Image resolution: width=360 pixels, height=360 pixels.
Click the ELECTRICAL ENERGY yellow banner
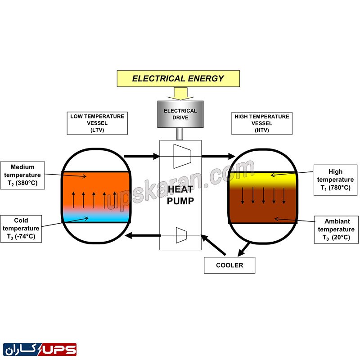[178, 78]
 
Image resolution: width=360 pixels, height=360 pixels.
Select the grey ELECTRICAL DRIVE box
[180, 114]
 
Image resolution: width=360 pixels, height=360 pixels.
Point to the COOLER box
[229, 265]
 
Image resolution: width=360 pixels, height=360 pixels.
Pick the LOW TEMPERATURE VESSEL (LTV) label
[97, 123]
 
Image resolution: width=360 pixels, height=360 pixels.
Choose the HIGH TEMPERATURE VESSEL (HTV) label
[261, 123]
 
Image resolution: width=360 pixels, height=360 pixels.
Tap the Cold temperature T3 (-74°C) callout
[21, 229]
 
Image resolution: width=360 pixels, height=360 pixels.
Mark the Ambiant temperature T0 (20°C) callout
[333, 229]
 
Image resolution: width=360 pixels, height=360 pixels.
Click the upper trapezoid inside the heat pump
[182, 155]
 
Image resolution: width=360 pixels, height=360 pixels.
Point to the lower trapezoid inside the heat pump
[181, 235]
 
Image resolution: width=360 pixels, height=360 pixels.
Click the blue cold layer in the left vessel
[95, 216]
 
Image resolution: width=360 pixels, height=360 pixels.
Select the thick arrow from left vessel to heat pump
[141, 156]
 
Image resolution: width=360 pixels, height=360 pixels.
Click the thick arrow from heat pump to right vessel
[218, 156]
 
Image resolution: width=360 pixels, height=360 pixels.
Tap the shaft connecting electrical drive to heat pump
[180, 134]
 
